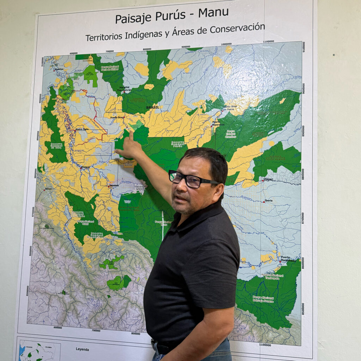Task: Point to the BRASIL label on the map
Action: pos(152,107)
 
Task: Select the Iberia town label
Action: pos(268,201)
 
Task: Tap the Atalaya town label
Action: pos(86,167)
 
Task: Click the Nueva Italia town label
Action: pos(82,130)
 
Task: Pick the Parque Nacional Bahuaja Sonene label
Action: pos(263,299)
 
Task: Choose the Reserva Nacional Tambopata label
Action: pos(272,276)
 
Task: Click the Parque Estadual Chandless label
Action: pos(231,134)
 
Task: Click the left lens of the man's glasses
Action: pos(176,176)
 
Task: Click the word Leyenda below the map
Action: pos(82,349)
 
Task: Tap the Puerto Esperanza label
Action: pos(218,123)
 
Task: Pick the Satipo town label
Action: pos(48,189)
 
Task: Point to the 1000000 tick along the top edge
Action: pos(226,44)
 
